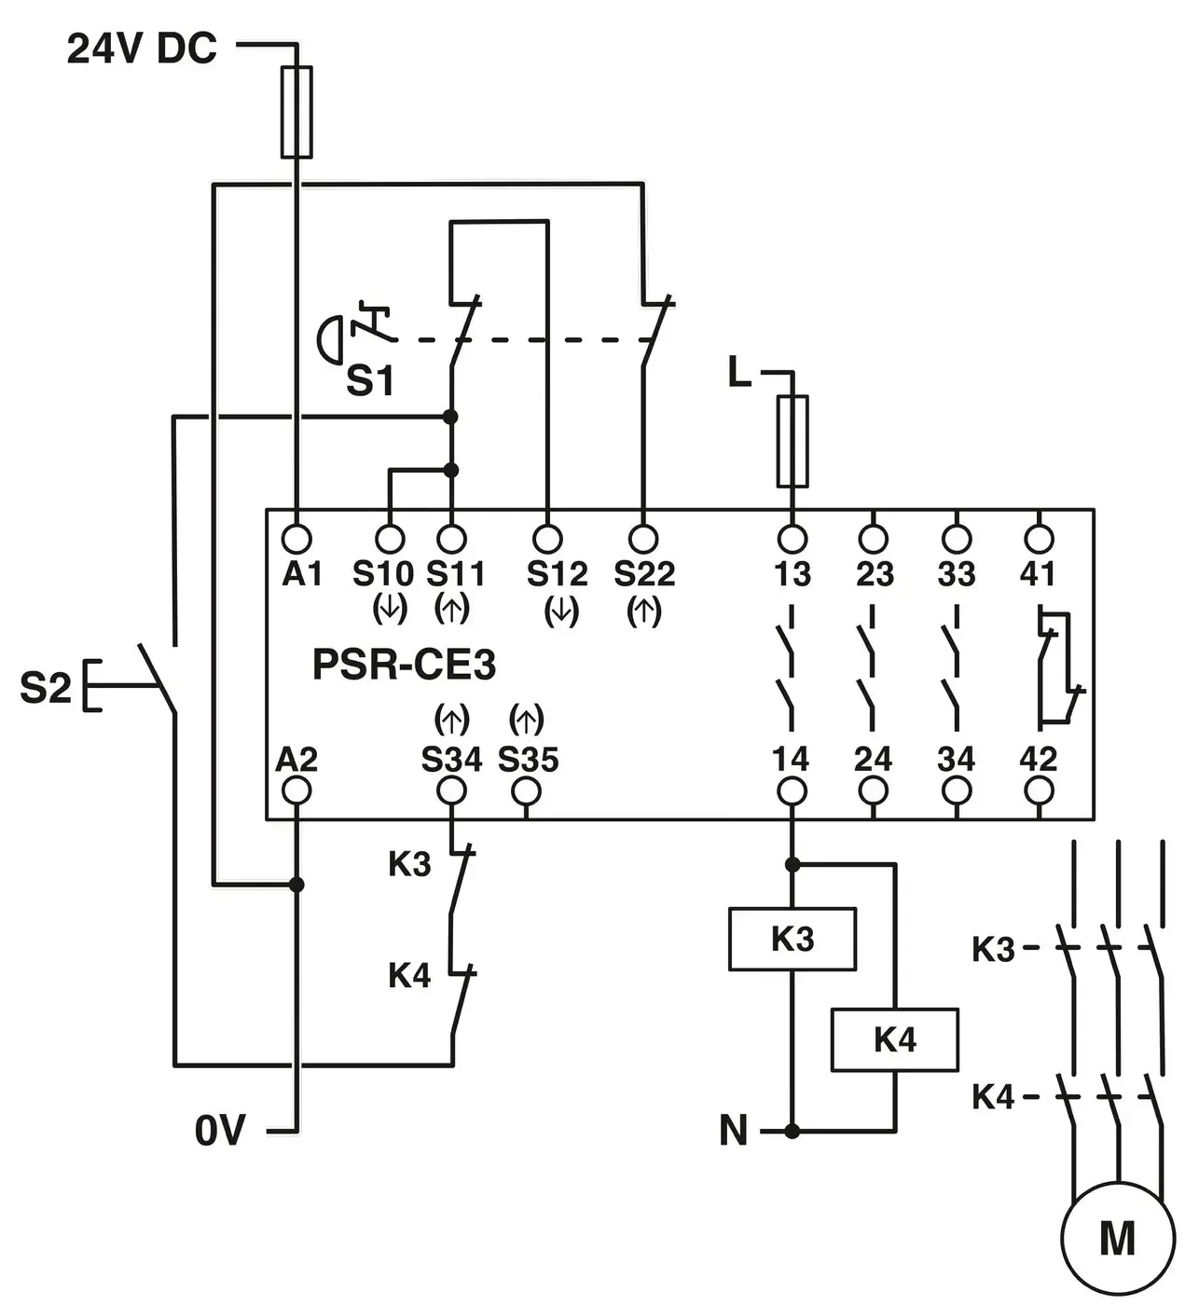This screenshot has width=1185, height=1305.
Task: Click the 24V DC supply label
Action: (142, 48)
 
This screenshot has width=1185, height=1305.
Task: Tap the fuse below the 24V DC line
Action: (296, 112)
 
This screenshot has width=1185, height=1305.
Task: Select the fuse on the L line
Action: (792, 441)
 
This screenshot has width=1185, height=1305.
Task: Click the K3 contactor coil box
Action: (792, 939)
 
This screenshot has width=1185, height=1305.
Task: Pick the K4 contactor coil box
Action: (894, 1039)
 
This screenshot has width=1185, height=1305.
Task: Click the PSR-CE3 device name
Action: (404, 665)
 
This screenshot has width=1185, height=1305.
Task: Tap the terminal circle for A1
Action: (296, 539)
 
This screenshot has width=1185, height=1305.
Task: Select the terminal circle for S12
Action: (547, 539)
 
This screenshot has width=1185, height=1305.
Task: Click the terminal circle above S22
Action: (643, 539)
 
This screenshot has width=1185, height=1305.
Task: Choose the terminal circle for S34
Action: (451, 791)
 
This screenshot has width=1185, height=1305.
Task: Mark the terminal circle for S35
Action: (526, 791)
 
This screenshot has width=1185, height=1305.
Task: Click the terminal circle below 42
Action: (1039, 791)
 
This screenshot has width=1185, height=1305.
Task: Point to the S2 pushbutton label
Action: (46, 687)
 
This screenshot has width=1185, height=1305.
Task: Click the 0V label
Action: (220, 1130)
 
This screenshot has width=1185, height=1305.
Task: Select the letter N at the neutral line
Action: (734, 1130)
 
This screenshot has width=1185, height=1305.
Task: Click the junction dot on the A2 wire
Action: (296, 884)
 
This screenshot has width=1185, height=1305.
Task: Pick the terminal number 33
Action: (956, 574)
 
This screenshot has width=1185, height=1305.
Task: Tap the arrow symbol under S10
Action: (389, 609)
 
